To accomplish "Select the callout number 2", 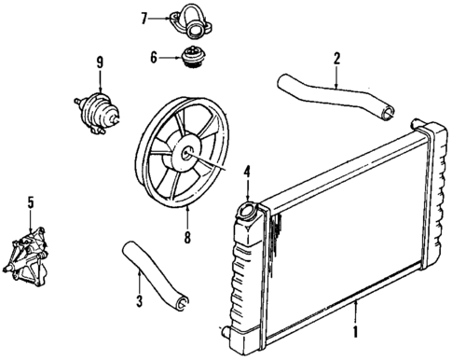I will point(336,58).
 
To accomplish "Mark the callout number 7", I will point(144,17).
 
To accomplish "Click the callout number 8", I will point(187,237).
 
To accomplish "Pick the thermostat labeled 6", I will point(195,59).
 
